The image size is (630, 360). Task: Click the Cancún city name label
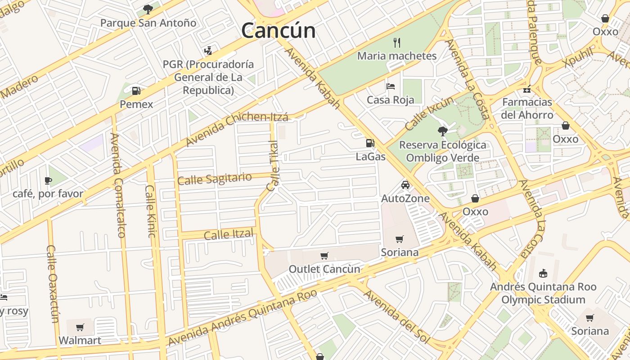pyautogui.click(x=278, y=31)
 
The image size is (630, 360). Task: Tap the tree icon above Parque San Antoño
pyautogui.click(x=148, y=9)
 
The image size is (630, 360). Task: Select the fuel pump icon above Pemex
pyautogui.click(x=136, y=90)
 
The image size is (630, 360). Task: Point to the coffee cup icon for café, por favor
pyautogui.click(x=48, y=180)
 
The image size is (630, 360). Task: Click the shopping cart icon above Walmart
pyautogui.click(x=80, y=327)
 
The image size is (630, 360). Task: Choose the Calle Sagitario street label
pyautogui.click(x=214, y=179)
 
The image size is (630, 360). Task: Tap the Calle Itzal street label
pyautogui.click(x=229, y=234)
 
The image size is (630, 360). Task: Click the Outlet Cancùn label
pyautogui.click(x=324, y=269)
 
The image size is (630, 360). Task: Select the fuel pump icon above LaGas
pyautogui.click(x=370, y=143)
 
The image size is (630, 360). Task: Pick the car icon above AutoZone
pyautogui.click(x=405, y=185)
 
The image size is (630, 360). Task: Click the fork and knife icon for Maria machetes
pyautogui.click(x=396, y=42)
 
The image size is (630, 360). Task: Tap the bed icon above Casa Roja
pyautogui.click(x=390, y=86)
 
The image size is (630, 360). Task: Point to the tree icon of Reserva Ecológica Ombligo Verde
pyautogui.click(x=442, y=131)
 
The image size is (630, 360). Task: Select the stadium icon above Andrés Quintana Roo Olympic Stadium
pyautogui.click(x=543, y=273)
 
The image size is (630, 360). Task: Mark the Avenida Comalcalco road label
pyautogui.click(x=117, y=185)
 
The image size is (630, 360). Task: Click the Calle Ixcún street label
pyautogui.click(x=429, y=113)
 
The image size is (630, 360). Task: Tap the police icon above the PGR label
pyautogui.click(x=208, y=50)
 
